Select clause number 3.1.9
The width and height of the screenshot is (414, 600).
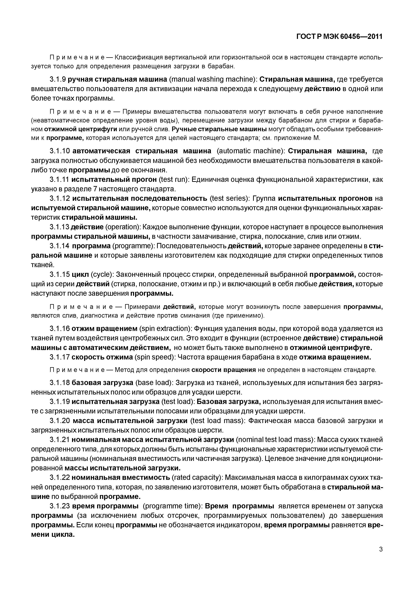click(x=58, y=79)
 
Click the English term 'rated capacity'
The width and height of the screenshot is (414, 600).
click(x=197, y=478)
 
